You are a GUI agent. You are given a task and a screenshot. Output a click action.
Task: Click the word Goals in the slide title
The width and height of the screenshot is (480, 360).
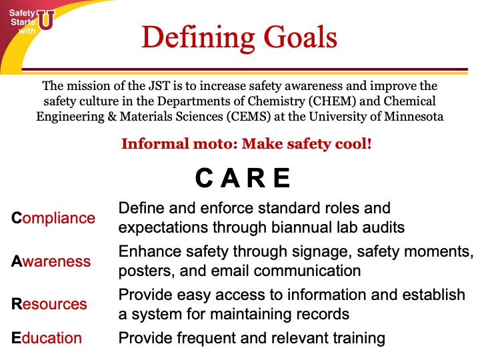(300, 37)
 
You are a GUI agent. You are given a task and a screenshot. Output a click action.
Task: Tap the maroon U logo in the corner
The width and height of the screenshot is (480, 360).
(46, 20)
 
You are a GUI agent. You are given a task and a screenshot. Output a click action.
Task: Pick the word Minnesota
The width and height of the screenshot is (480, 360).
(413, 117)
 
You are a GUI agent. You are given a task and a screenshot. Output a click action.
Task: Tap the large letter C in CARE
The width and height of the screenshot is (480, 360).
(204, 178)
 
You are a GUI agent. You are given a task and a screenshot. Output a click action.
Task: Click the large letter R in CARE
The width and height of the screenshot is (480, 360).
(256, 178)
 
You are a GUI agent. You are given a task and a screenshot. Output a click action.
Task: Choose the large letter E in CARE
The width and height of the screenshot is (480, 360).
(281, 178)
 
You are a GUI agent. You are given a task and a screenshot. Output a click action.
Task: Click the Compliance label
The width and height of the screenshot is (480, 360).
(53, 219)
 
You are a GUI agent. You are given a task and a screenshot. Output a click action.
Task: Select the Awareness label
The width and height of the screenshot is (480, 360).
(51, 261)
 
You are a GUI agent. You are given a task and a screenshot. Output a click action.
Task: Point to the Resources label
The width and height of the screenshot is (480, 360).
(49, 304)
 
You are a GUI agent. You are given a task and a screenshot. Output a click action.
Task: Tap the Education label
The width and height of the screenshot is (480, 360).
(47, 338)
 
